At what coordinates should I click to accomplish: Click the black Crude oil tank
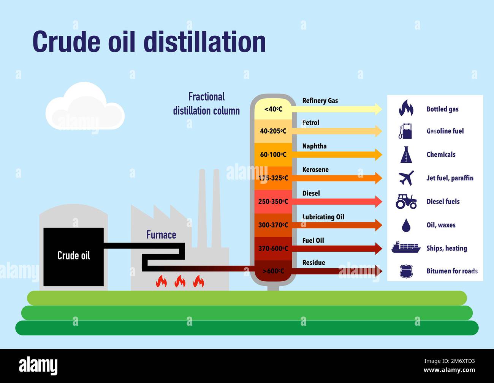point(73,257)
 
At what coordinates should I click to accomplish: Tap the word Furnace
point(161,235)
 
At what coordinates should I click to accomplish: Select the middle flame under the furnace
point(180,281)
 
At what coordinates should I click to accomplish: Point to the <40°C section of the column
point(273,109)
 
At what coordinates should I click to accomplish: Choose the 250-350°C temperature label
point(273,202)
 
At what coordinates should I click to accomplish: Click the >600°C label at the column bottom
point(273,271)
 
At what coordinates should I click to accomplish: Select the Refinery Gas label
point(320,101)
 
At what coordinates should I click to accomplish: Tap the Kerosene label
point(315,170)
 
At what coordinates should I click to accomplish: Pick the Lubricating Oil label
point(323,217)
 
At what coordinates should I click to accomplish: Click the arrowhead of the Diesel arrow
point(378,202)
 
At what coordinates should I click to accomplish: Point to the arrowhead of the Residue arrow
point(378,271)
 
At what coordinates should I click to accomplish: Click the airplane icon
point(406,178)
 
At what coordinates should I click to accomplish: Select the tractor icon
point(406,202)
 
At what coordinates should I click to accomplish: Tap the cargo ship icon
point(406,247)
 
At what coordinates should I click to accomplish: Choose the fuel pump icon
point(405,131)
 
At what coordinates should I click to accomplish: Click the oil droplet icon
point(406,225)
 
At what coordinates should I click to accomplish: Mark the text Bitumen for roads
point(452,271)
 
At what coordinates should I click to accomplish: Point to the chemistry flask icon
point(406,154)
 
